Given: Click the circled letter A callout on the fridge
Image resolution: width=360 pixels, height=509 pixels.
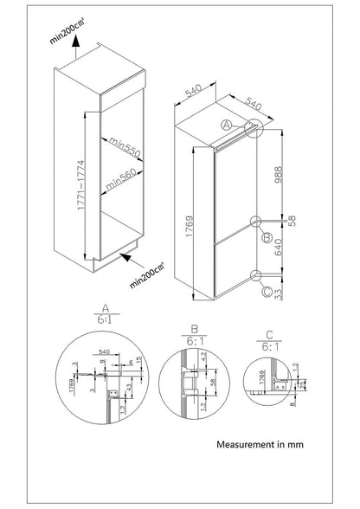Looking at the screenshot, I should pyautogui.click(x=226, y=125).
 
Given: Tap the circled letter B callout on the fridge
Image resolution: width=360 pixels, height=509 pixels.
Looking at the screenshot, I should pyautogui.click(x=268, y=237).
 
